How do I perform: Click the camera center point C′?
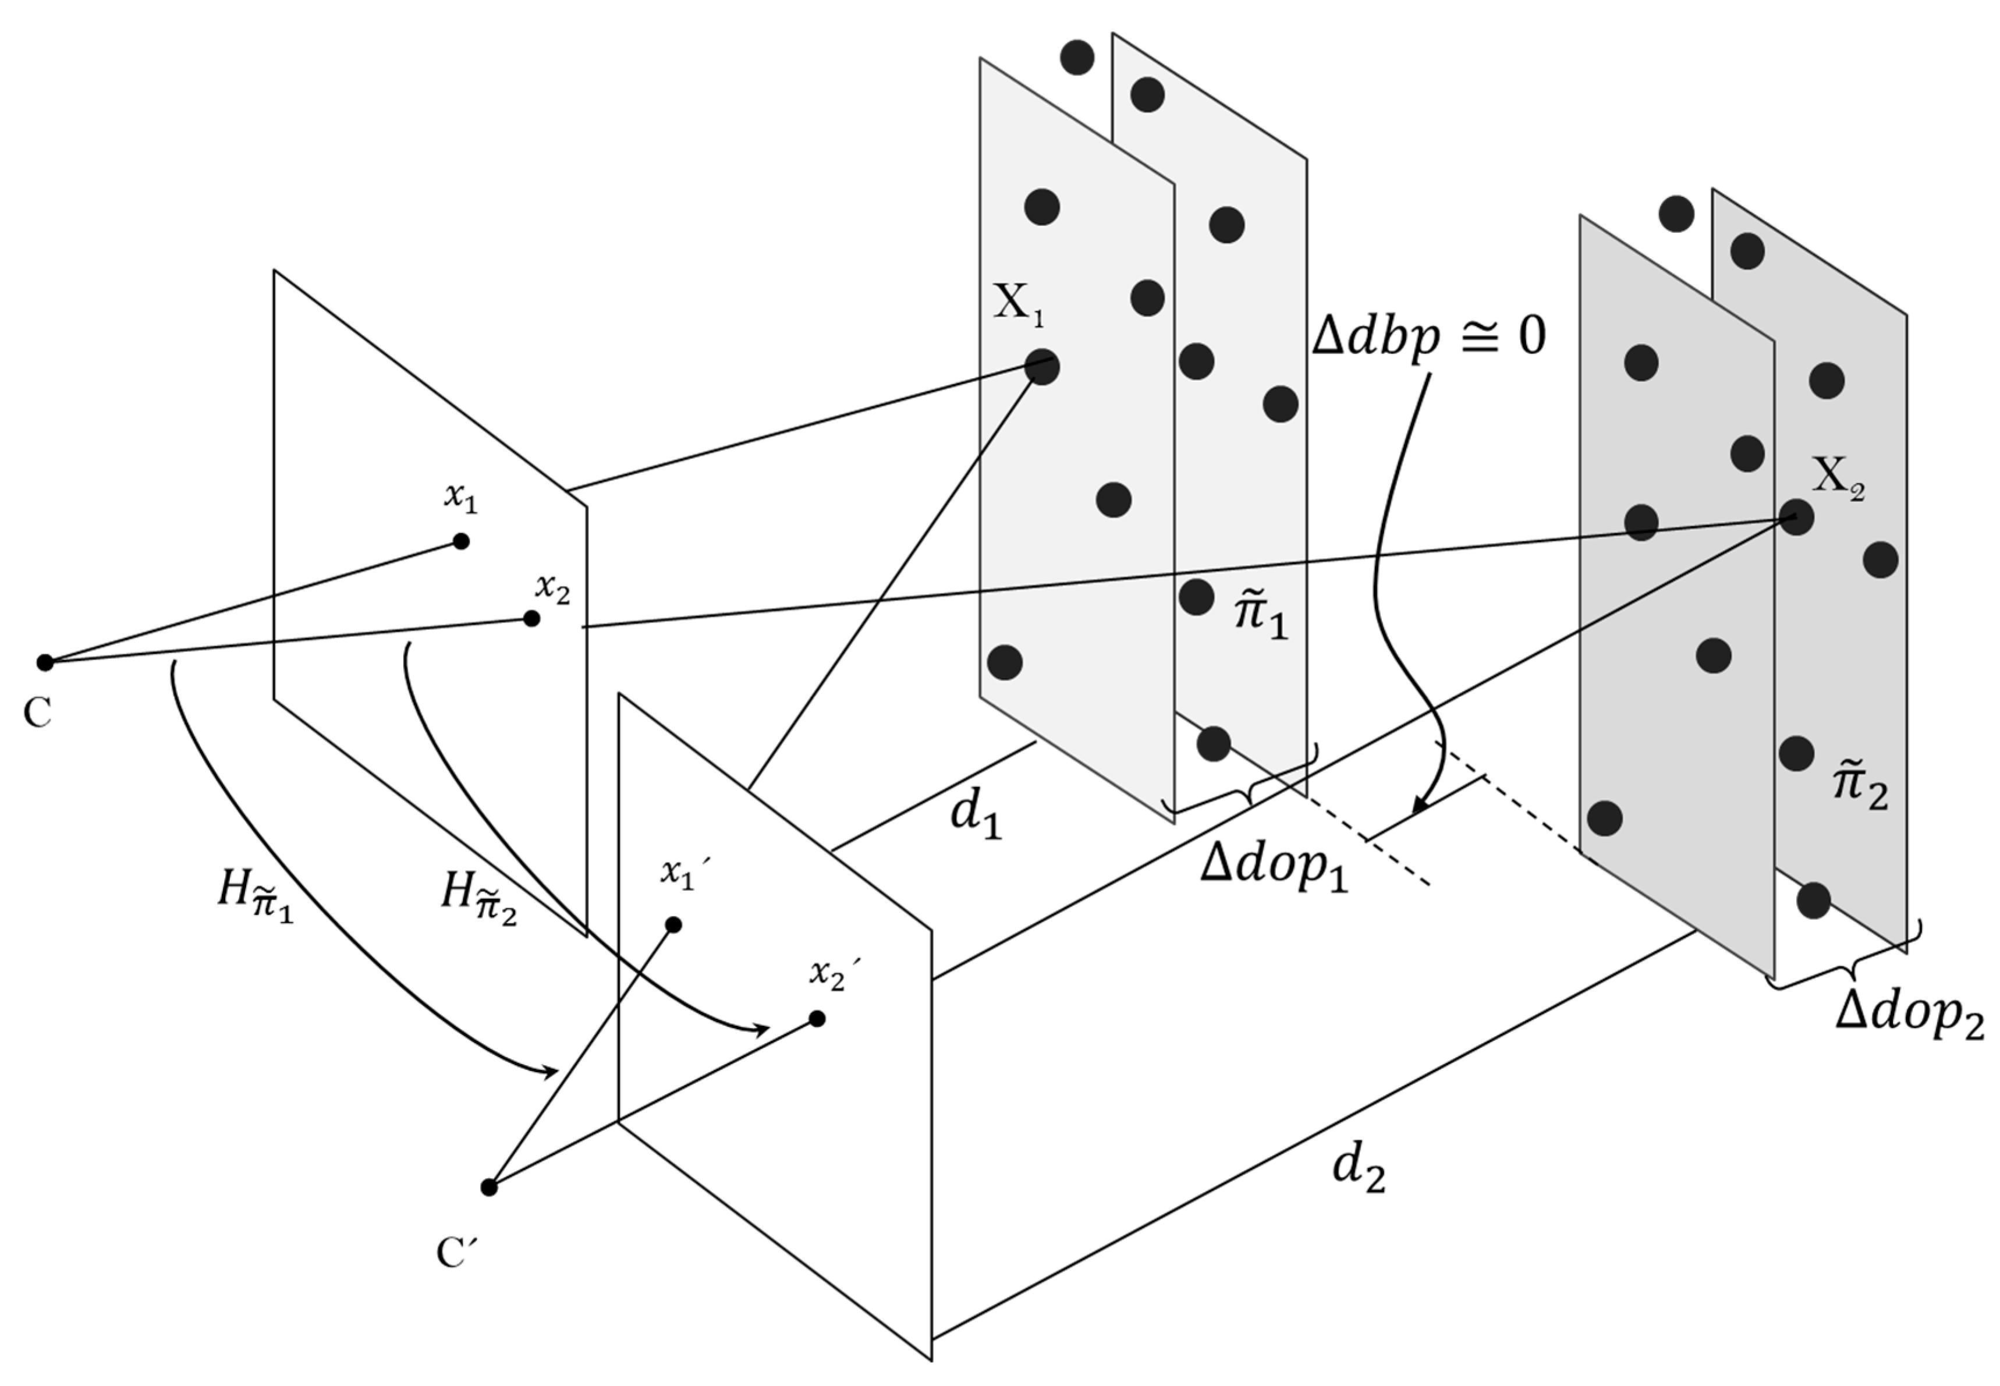[489, 1187]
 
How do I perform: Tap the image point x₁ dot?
[461, 541]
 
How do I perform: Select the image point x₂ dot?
[531, 618]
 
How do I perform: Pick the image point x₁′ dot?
[673, 925]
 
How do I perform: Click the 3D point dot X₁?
[1041, 367]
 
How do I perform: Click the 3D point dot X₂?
[1796, 517]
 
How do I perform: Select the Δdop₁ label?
[1274, 867]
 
